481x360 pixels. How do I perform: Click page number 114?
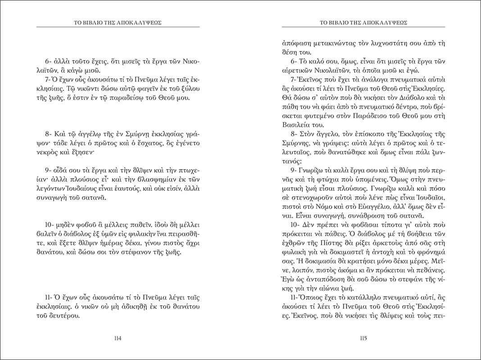(x=119, y=338)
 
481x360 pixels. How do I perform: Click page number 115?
(x=364, y=338)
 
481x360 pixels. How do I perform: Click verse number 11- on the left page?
(x=49, y=299)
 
